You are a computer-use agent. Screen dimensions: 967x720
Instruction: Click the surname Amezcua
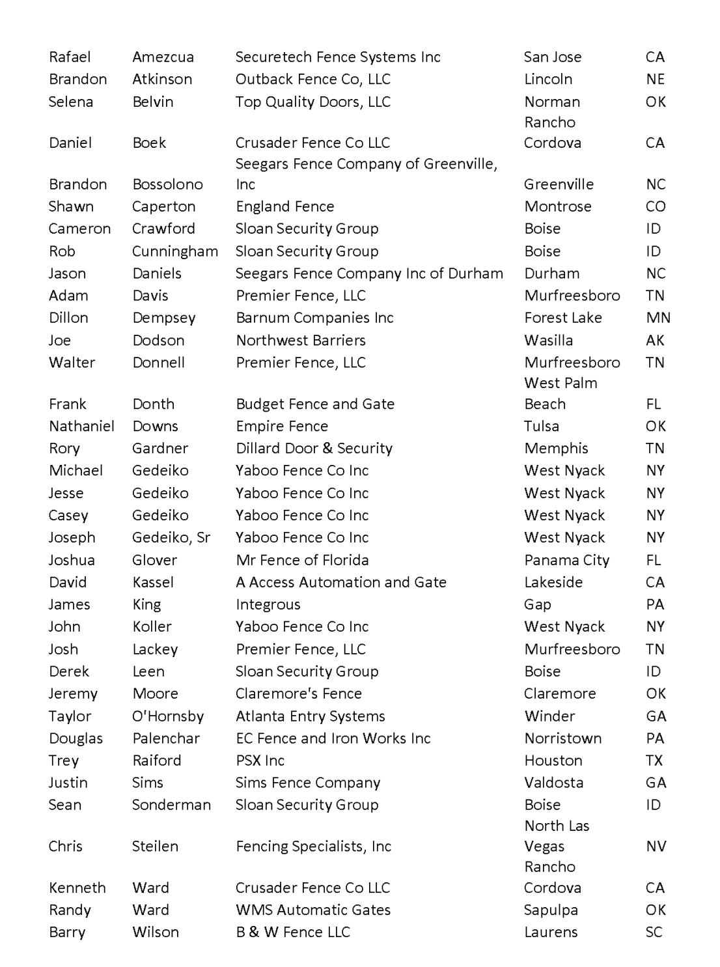click(163, 57)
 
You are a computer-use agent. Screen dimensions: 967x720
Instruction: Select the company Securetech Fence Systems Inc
click(338, 57)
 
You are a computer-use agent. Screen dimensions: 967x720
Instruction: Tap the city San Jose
click(553, 57)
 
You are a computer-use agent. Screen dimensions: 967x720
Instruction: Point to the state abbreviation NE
click(655, 79)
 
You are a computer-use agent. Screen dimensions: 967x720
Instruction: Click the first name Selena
click(71, 102)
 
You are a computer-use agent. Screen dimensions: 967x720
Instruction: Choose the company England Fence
click(284, 206)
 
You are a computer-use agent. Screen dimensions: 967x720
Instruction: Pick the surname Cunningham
click(174, 251)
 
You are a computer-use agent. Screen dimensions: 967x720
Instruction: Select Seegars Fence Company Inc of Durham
click(369, 273)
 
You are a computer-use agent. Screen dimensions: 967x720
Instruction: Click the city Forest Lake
click(563, 318)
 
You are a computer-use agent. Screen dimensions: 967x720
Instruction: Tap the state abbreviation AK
click(655, 340)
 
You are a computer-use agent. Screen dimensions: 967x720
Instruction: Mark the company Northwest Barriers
click(301, 340)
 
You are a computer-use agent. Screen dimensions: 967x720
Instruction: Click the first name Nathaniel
click(81, 426)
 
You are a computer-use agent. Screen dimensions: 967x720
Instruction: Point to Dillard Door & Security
click(314, 448)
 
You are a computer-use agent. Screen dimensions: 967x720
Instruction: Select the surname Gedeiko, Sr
click(171, 537)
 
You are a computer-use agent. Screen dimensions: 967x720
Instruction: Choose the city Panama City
click(566, 560)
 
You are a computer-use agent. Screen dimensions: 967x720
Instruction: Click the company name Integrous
click(268, 604)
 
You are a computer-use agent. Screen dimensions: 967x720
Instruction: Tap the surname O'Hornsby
click(168, 716)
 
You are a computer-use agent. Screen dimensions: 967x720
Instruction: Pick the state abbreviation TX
click(654, 761)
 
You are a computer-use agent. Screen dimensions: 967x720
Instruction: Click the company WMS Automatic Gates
click(313, 910)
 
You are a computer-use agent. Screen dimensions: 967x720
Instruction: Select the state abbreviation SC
click(654, 932)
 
